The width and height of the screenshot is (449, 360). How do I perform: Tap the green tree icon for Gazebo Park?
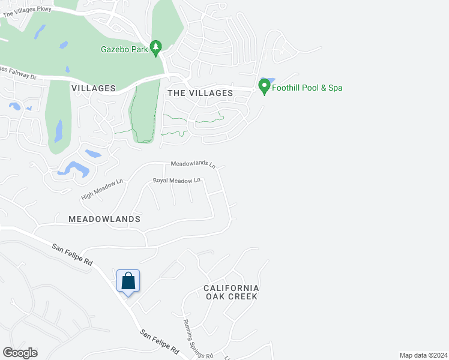[156, 47]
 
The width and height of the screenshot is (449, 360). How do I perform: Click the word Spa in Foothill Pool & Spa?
[335, 88]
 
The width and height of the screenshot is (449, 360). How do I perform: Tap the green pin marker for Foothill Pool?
[264, 86]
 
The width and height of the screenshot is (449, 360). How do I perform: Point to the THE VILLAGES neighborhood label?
[200, 93]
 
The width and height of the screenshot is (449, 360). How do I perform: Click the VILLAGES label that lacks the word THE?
[93, 88]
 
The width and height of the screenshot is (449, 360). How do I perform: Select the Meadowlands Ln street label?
[193, 163]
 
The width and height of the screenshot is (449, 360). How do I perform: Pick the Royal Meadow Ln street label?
[176, 180]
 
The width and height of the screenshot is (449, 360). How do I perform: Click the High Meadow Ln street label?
[102, 190]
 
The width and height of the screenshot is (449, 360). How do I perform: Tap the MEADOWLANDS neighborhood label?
[104, 219]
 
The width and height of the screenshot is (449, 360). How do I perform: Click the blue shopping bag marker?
[128, 281]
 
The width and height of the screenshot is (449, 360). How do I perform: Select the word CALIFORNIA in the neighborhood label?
[231, 288]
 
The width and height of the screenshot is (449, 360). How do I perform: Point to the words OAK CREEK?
[231, 296]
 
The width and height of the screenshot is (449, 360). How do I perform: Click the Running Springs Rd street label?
[197, 338]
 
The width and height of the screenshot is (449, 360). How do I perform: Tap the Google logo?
[20, 353]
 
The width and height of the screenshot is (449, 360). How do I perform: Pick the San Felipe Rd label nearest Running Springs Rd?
[160, 341]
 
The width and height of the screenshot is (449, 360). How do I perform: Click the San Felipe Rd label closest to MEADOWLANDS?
[72, 254]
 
